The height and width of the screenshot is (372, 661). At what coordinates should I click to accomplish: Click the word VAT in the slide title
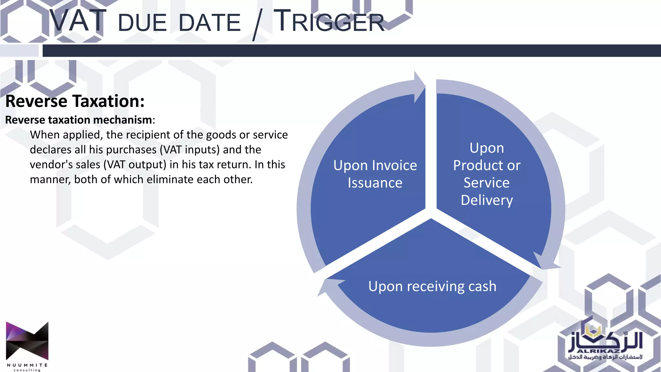(77, 21)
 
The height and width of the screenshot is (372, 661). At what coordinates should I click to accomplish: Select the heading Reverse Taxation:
(75, 101)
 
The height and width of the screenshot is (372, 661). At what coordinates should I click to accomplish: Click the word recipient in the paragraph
(155, 135)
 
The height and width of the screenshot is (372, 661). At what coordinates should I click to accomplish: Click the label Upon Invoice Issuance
(375, 174)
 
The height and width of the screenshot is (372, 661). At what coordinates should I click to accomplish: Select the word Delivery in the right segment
(487, 200)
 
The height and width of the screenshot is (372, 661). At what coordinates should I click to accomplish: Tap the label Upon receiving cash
(432, 286)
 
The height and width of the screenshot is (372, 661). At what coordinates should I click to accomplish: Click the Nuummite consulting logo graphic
(27, 341)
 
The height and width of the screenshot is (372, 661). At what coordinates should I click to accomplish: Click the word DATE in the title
(209, 23)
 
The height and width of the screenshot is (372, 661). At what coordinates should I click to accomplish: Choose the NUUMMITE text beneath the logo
(27, 365)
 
